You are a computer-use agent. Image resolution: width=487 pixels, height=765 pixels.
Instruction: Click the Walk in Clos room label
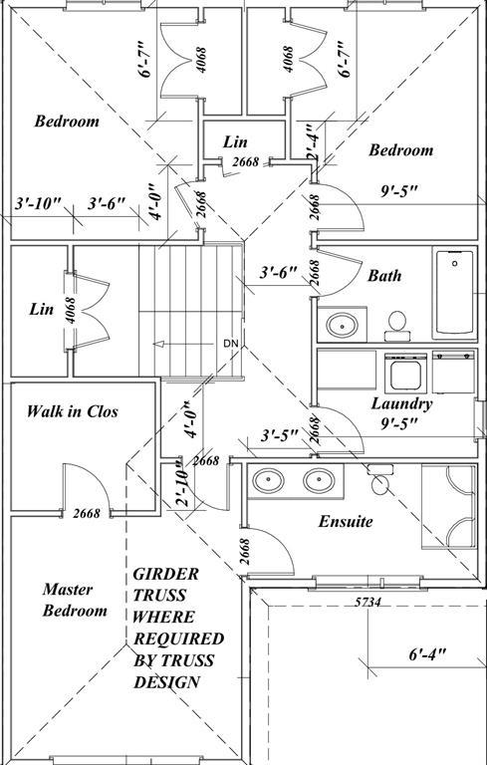pos(72,410)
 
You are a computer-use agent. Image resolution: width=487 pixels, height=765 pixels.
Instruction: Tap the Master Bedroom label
pos(74,600)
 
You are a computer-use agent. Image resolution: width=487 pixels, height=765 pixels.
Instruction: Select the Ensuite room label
pos(346,521)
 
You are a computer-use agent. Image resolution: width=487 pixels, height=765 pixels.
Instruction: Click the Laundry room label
pos(401,403)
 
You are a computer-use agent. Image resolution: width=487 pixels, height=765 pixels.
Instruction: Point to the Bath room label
pos(384,275)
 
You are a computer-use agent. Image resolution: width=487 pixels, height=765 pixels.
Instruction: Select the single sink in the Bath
pos(342,325)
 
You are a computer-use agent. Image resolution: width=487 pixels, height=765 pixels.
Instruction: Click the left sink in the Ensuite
pos(269,481)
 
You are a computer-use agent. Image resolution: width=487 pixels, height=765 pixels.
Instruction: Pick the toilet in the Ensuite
pos(379,483)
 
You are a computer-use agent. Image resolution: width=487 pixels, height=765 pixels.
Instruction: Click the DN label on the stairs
pos(231,344)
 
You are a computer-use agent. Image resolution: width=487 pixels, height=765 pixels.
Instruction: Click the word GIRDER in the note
pos(165,575)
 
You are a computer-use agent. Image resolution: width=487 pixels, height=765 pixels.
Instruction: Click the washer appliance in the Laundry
pos(405,373)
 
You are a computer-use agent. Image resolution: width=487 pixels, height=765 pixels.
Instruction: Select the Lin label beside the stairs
pos(41,310)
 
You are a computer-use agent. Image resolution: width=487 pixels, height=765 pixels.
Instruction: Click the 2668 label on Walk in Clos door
pos(87,514)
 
